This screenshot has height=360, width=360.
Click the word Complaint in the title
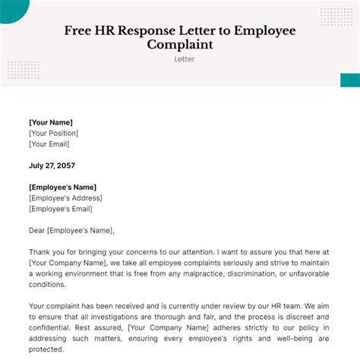tap(179, 45)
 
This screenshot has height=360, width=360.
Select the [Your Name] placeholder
tap(51, 122)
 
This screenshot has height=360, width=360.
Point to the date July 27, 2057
tap(52, 166)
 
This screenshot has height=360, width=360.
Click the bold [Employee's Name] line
tap(63, 188)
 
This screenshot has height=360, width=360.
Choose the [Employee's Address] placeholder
tap(65, 198)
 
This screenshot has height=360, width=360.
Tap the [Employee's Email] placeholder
tap(62, 209)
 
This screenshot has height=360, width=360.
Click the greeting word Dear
tap(37, 231)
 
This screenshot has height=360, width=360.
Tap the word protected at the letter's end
tap(47, 351)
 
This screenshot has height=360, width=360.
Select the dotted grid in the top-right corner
tap(336, 17)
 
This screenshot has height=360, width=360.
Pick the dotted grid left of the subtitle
tap(23, 70)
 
